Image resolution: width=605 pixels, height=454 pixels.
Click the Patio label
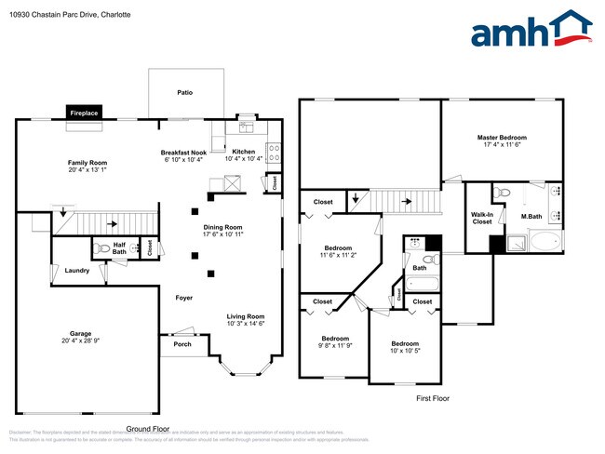[x=185, y=93]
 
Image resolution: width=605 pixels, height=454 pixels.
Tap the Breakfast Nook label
[x=182, y=152]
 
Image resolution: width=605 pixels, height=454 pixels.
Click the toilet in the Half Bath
[x=102, y=248]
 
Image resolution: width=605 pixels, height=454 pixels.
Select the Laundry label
[x=77, y=271]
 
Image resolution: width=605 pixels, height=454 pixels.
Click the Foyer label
[x=184, y=298]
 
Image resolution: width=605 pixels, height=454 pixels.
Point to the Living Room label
[x=246, y=315]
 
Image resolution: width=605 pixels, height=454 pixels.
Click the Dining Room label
[x=222, y=227]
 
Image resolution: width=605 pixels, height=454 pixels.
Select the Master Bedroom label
[x=502, y=137]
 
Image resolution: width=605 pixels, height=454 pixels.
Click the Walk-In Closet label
[x=481, y=219]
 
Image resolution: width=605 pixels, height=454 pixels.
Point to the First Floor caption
[x=432, y=397]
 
